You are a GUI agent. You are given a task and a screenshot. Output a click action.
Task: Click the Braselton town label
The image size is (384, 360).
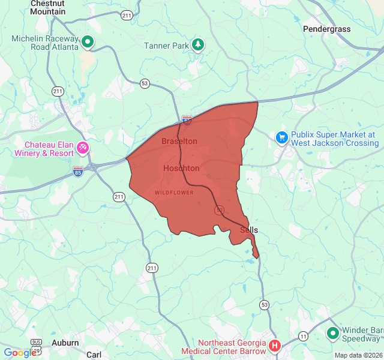click(179, 141)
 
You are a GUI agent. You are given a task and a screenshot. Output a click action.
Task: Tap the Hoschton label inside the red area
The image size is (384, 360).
click(181, 169)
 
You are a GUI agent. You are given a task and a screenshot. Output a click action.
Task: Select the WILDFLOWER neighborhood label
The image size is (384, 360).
click(174, 193)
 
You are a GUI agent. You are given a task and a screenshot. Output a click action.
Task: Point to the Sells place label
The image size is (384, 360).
click(249, 230)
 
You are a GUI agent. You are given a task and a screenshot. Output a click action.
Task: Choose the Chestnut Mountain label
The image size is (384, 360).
click(47, 7)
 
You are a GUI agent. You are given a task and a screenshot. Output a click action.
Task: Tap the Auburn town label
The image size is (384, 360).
click(65, 343)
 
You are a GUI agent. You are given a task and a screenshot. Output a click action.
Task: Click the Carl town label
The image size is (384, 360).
click(94, 355)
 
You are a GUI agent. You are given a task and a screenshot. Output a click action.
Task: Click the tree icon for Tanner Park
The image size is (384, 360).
click(198, 45)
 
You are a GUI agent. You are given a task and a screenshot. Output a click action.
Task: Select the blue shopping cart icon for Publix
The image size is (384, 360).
click(282, 138)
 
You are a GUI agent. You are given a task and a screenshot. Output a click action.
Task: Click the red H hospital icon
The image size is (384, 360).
click(275, 346)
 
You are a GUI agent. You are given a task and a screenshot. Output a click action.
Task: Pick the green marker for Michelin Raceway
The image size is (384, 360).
click(88, 42)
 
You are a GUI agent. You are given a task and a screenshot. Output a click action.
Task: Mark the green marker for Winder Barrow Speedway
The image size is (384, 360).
click(332, 332)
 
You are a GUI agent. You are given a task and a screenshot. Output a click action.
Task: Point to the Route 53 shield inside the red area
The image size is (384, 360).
click(220, 209)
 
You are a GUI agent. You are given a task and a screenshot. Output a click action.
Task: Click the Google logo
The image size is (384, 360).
click(20, 353)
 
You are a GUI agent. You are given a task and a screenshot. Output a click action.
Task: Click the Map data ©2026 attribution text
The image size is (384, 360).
click(358, 355)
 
